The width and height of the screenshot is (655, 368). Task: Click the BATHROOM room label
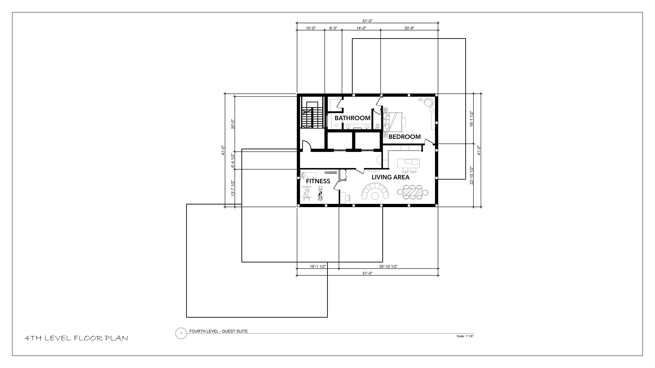tap(352, 118)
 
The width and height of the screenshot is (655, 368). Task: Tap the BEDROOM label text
tap(405, 137)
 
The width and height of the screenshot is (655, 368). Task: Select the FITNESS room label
tap(318, 181)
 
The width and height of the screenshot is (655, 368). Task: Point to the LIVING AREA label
tap(391, 177)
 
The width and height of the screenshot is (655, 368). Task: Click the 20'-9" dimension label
tap(409, 28)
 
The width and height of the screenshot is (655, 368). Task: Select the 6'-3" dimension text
tap(333, 28)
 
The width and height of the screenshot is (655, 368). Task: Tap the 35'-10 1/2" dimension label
tap(388, 266)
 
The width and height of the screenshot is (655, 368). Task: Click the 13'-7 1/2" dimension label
tap(232, 188)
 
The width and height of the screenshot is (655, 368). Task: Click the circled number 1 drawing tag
tap(181, 333)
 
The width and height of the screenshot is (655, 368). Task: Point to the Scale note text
tap(465, 336)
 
